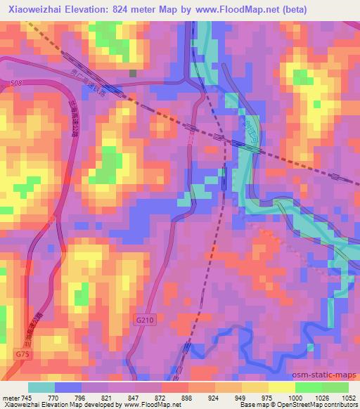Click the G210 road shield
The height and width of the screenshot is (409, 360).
click(143, 320)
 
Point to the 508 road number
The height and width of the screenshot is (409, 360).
click(17, 84)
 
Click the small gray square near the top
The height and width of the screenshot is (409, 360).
click(132, 72)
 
